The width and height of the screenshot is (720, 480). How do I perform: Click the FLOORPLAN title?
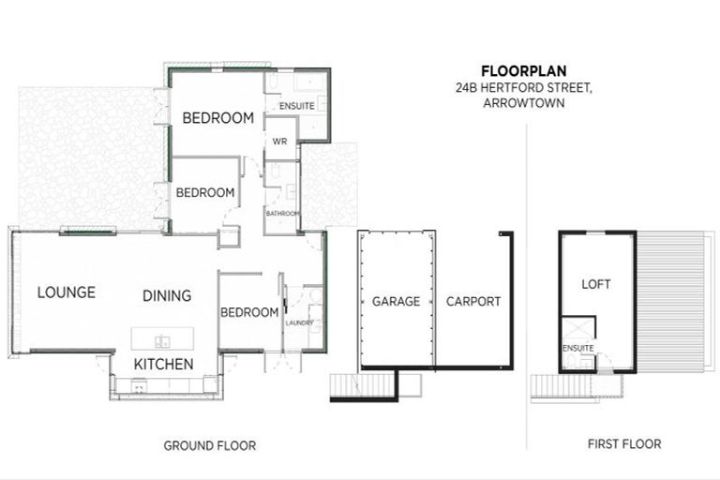click(x=524, y=70)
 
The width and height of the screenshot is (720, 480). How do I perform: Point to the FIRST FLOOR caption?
click(x=623, y=444)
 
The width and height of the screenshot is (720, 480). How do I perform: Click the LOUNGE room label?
click(x=66, y=292)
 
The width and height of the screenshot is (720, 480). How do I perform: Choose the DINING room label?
click(x=167, y=295)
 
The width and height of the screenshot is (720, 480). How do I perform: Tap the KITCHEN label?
click(x=163, y=364)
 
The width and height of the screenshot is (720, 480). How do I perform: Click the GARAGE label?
click(x=395, y=302)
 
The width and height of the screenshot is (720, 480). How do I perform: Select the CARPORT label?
click(x=472, y=302)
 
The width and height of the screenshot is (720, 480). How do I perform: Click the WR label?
click(x=278, y=142)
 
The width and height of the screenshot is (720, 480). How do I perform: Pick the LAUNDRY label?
click(x=300, y=322)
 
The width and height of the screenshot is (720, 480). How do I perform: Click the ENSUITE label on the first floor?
click(x=578, y=349)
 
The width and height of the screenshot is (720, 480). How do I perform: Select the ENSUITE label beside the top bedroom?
click(x=297, y=106)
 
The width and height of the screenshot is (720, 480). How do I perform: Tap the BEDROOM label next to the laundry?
click(x=249, y=312)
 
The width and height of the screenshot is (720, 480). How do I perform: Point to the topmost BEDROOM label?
click(x=218, y=118)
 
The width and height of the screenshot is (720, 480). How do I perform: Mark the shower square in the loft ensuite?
click(x=577, y=329)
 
